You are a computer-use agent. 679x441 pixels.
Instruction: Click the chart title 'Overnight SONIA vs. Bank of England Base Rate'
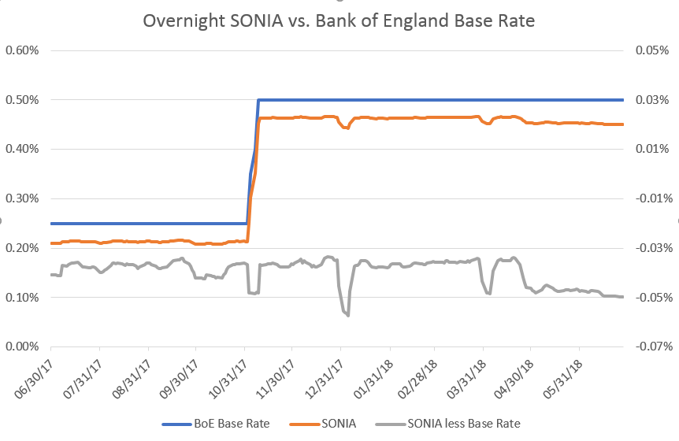pos(339,20)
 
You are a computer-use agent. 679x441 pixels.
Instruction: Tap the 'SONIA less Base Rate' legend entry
pos(464,424)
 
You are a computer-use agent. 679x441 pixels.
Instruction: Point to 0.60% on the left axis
pos(22,50)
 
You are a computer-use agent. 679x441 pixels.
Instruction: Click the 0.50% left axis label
pos(22,100)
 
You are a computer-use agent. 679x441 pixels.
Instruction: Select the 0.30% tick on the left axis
pos(22,198)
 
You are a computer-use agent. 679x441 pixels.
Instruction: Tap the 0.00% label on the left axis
pos(22,346)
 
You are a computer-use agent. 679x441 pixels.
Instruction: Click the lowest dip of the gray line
pos(347,315)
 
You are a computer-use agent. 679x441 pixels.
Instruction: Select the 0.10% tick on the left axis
pos(22,297)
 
